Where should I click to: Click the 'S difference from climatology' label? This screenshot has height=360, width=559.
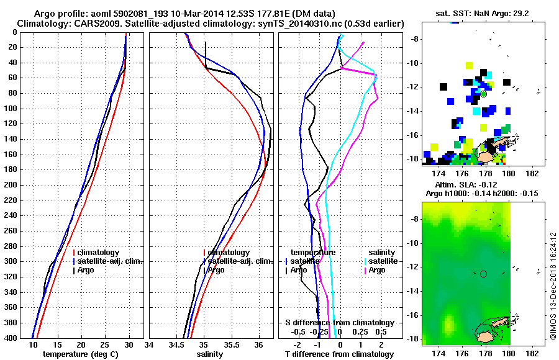[x=340, y=323]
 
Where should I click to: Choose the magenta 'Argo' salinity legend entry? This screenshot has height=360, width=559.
[x=377, y=270]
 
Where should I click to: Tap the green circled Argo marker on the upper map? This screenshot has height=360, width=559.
[x=484, y=94]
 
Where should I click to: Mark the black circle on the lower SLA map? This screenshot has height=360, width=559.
[x=484, y=273]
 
